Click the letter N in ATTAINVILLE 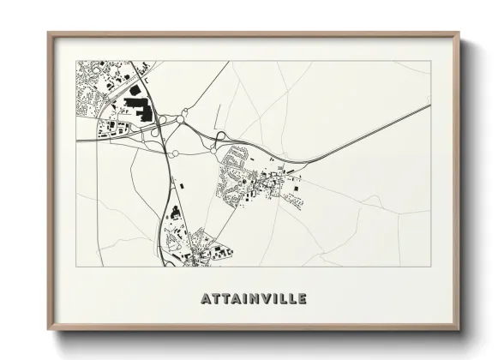(x=250, y=299)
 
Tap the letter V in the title (x=263, y=299)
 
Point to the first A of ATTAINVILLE (x=206, y=299)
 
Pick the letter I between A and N (x=241, y=299)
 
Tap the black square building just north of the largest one (x=135, y=89)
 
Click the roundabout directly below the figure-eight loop (x=176, y=153)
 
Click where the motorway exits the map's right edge (x=429, y=106)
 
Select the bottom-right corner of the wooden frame (x=459, y=329)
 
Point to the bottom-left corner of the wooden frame (x=49, y=329)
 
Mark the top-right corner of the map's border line (x=429, y=61)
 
